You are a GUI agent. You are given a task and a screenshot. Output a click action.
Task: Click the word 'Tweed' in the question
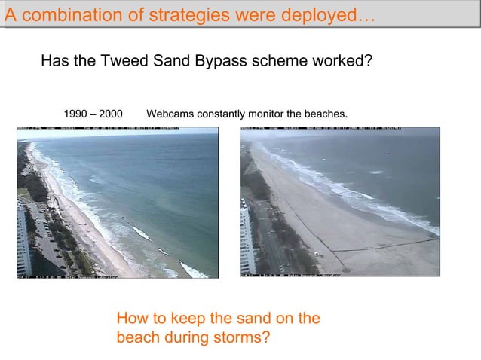click(x=143, y=61)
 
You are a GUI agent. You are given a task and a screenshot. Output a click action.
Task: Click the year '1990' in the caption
click(x=76, y=114)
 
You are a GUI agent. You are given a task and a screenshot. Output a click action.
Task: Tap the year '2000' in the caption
click(x=110, y=114)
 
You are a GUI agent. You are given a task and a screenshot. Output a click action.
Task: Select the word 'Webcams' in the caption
click(x=169, y=114)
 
